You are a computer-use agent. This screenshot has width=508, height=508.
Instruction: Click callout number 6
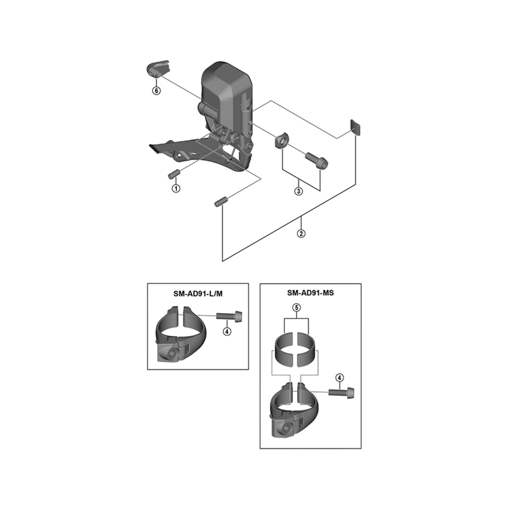[x=156, y=91]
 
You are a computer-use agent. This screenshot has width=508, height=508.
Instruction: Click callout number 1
[x=176, y=188]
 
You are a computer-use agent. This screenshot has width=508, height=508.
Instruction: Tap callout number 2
[x=301, y=233]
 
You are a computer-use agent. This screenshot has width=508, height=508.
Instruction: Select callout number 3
[x=298, y=191]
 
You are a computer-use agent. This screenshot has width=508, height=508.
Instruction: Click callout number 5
[x=297, y=307]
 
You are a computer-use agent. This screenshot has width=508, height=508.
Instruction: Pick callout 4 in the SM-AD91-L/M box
[x=227, y=331]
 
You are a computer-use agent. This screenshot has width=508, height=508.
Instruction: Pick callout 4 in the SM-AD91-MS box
[x=340, y=378]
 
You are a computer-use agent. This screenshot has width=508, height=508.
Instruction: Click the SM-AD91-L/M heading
[x=198, y=294]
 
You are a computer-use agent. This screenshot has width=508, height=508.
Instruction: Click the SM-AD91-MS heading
[x=311, y=293]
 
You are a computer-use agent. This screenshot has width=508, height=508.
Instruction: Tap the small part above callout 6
[x=157, y=69]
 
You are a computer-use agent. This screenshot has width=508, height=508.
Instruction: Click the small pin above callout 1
[x=174, y=174]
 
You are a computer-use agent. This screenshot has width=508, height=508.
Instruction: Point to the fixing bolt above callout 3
[x=316, y=161]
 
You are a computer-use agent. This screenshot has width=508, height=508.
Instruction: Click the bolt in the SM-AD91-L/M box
[x=229, y=315]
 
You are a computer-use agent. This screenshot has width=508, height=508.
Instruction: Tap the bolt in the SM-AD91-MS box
[x=342, y=392]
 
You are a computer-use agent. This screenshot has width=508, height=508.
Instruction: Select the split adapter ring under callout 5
[x=295, y=349]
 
